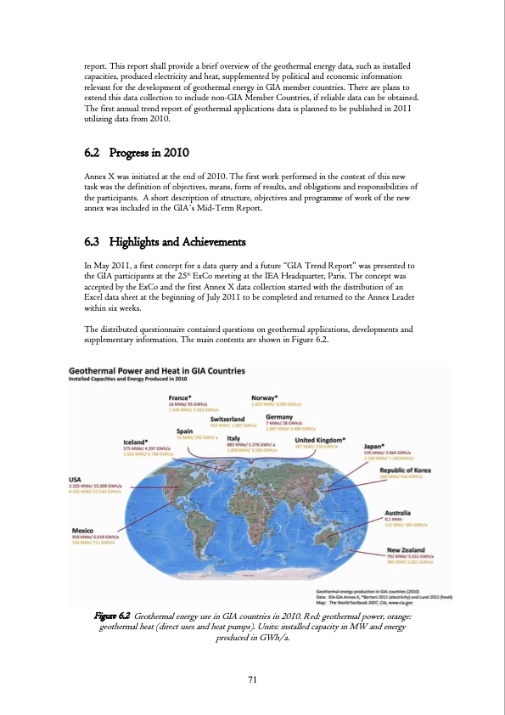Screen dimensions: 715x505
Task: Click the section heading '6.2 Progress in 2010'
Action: (x=137, y=153)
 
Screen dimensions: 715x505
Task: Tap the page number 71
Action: (x=252, y=678)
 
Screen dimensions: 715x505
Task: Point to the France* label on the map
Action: (x=180, y=397)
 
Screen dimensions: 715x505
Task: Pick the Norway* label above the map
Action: (x=267, y=397)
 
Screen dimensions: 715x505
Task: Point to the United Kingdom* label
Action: (x=320, y=439)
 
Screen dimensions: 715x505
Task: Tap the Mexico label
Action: (x=83, y=530)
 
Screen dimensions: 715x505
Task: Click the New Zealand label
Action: (x=405, y=549)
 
